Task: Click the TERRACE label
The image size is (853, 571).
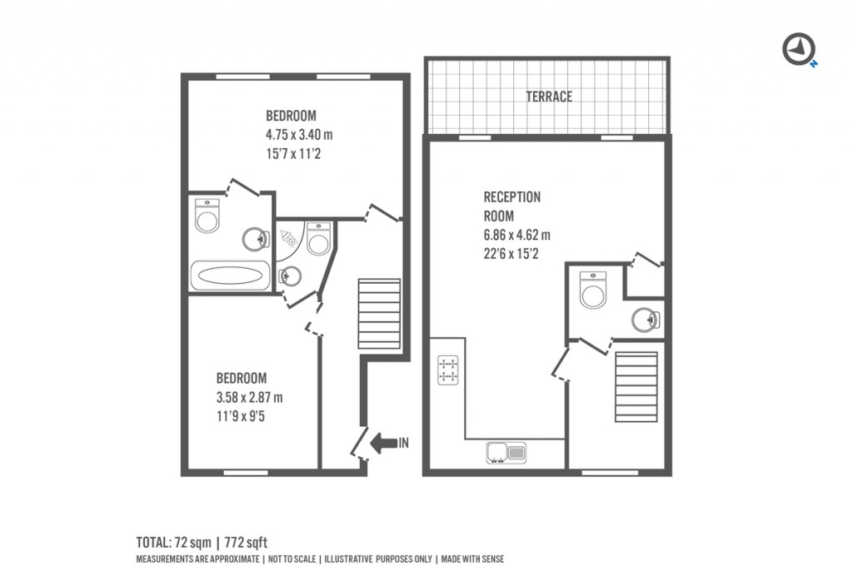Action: tap(549, 97)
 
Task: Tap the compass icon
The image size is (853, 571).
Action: tap(800, 49)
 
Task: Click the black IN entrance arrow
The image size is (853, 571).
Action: tap(383, 443)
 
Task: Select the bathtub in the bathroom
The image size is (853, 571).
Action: tap(230, 276)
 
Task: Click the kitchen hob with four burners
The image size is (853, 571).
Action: tap(448, 370)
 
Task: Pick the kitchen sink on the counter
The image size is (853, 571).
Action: tap(506, 453)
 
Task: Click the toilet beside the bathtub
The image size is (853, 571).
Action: tap(207, 216)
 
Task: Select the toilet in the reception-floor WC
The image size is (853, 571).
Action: tap(593, 290)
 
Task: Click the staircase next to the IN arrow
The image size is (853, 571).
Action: tap(379, 314)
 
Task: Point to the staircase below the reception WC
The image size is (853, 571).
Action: tap(636, 387)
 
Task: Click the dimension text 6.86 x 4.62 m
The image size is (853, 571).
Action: tap(516, 235)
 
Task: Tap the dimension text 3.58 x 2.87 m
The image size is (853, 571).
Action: tap(249, 397)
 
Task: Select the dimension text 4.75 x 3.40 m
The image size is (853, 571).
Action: tap(299, 134)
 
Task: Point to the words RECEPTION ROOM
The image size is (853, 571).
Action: tap(512, 206)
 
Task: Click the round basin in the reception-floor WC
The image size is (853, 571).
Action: tap(646, 320)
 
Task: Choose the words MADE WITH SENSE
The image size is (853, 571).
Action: tap(472, 559)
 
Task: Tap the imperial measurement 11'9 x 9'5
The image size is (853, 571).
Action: tap(241, 416)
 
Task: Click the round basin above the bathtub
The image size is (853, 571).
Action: tap(256, 238)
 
